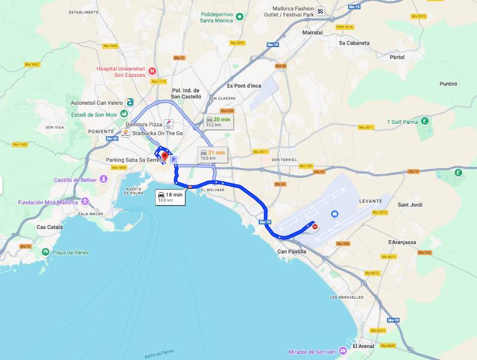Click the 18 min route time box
pyautogui.click(x=170, y=197)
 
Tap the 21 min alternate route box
pyautogui.click(x=213, y=155)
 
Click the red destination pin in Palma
pyautogui.click(x=165, y=157)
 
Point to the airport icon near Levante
pyautogui.click(x=334, y=214)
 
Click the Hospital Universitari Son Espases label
pyautogui.click(x=122, y=71)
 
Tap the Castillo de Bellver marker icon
pyautogui.click(x=104, y=179)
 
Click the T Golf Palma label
pyautogui.click(x=402, y=122)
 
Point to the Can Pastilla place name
pyautogui.click(x=292, y=252)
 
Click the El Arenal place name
pyautogui.click(x=363, y=346)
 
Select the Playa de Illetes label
pyautogui.click(x=70, y=253)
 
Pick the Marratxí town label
pyautogui.click(x=312, y=32)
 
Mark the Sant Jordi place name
pyautogui.click(x=410, y=204)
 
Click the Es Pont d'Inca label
pyautogui.click(x=244, y=85)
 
